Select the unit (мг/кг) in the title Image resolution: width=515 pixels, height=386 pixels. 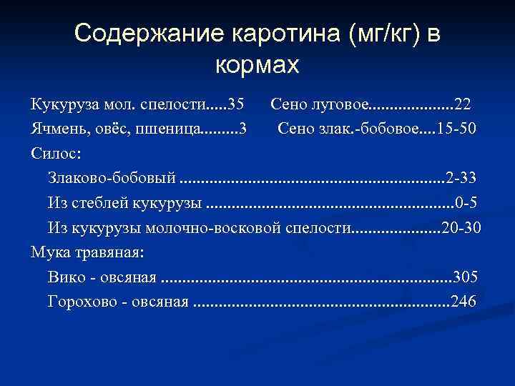pos(384,34)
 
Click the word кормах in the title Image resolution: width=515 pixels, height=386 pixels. pos(256,65)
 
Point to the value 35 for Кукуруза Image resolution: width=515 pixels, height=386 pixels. pos(235,105)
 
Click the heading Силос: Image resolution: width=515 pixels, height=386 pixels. pos(56,154)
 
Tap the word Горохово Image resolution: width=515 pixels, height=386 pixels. pos(79,302)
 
